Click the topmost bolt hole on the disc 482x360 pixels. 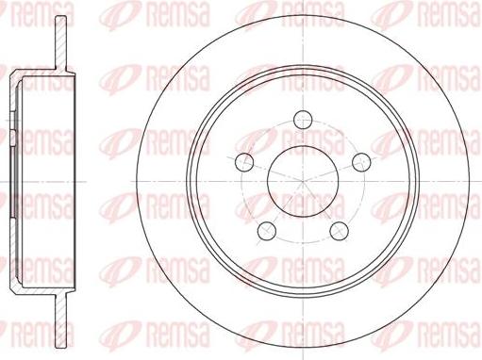click(x=303, y=119)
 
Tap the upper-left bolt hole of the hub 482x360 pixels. click(x=244, y=160)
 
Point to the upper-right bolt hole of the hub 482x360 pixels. click(x=360, y=160)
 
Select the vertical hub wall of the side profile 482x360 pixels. click(x=13, y=179)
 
